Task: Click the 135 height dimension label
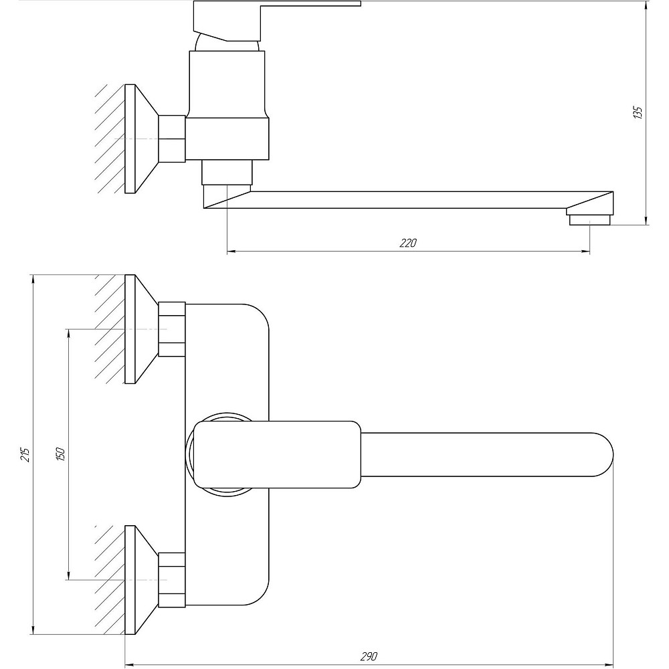tap(638, 112)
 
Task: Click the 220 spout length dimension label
tap(408, 244)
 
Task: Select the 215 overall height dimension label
tap(25, 454)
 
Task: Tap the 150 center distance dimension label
tap(60, 454)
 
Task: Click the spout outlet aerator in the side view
tap(590, 219)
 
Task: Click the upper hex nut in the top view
tap(172, 329)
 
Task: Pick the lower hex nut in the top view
tap(172, 580)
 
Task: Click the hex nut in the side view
tap(172, 138)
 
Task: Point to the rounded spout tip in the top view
tap(601, 454)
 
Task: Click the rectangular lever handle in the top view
tap(278, 454)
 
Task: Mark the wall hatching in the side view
tap(110, 138)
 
